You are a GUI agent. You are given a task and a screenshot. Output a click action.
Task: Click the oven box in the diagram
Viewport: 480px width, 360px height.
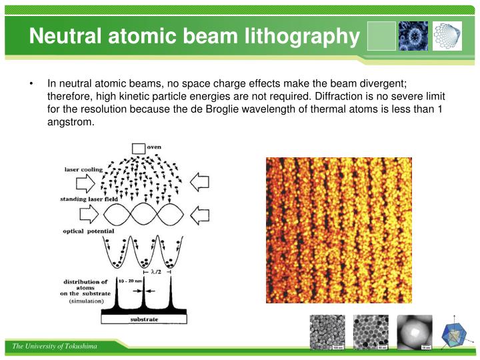(x=138, y=148)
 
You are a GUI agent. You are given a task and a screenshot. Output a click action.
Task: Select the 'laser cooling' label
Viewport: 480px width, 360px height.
(x=83, y=169)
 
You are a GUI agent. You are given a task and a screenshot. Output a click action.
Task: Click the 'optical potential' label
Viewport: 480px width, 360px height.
(x=89, y=231)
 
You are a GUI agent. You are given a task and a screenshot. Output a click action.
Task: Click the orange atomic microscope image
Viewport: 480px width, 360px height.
(x=339, y=230)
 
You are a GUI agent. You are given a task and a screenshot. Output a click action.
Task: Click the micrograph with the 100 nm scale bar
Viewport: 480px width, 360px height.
(x=327, y=332)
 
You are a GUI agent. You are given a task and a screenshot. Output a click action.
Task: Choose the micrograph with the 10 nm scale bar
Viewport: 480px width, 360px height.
(x=414, y=332)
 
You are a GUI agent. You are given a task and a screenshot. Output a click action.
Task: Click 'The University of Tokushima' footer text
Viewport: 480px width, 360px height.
(x=54, y=347)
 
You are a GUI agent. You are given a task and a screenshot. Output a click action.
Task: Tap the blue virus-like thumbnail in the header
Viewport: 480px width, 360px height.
(x=413, y=36)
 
